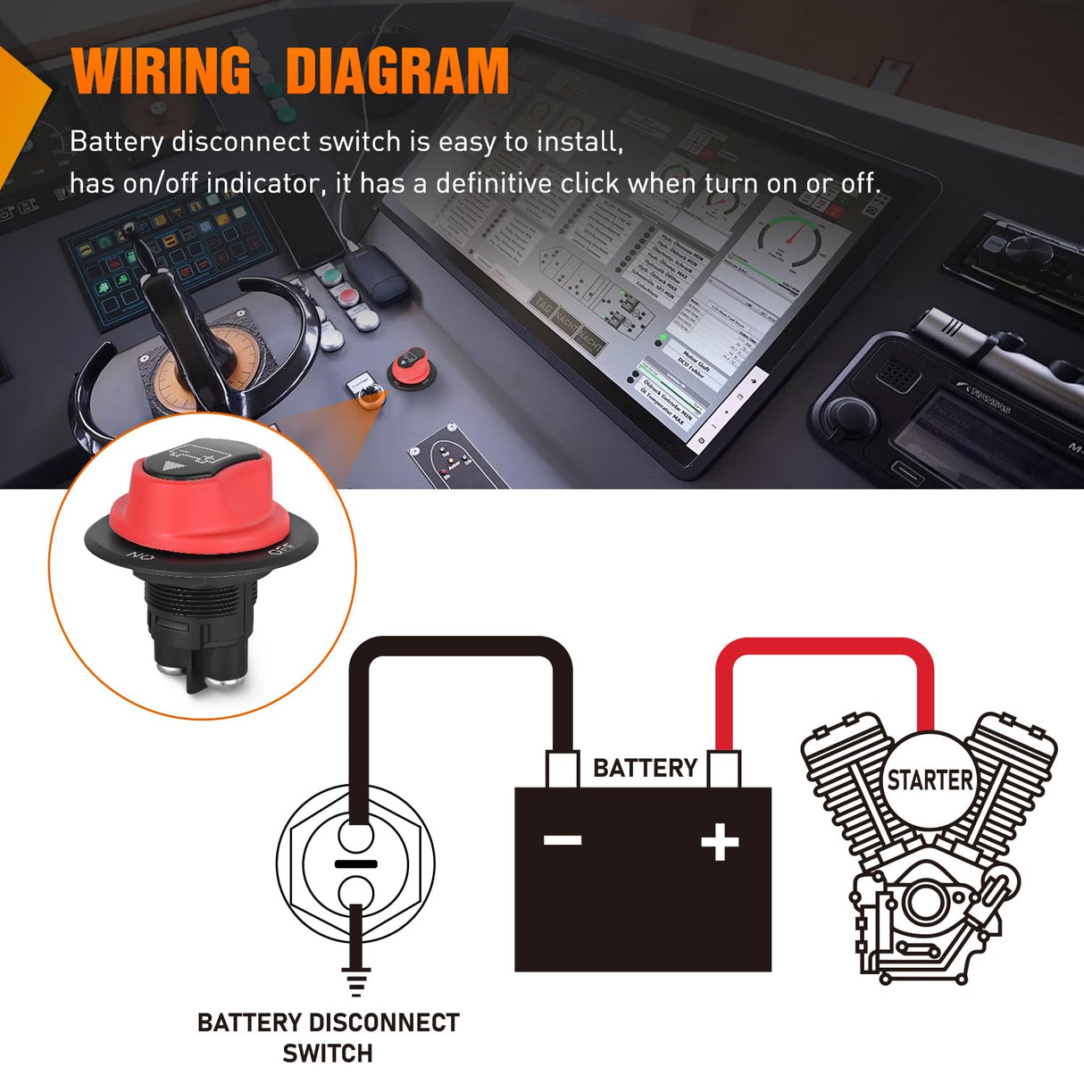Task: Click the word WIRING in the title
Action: click(162, 71)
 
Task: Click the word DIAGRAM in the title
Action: click(397, 71)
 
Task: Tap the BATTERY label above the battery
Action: click(645, 768)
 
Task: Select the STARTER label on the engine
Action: click(930, 780)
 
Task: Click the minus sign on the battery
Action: click(563, 840)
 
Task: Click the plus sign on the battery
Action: click(720, 842)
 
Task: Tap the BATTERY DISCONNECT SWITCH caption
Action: click(328, 1037)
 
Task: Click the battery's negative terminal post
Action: click(563, 769)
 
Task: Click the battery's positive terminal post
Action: click(723, 769)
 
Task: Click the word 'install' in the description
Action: click(577, 141)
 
